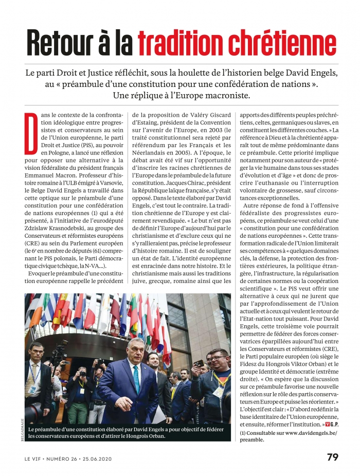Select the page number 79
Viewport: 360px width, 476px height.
(332, 457)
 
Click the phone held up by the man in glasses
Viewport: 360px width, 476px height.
(199, 364)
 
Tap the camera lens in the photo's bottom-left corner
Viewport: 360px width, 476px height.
(32, 412)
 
